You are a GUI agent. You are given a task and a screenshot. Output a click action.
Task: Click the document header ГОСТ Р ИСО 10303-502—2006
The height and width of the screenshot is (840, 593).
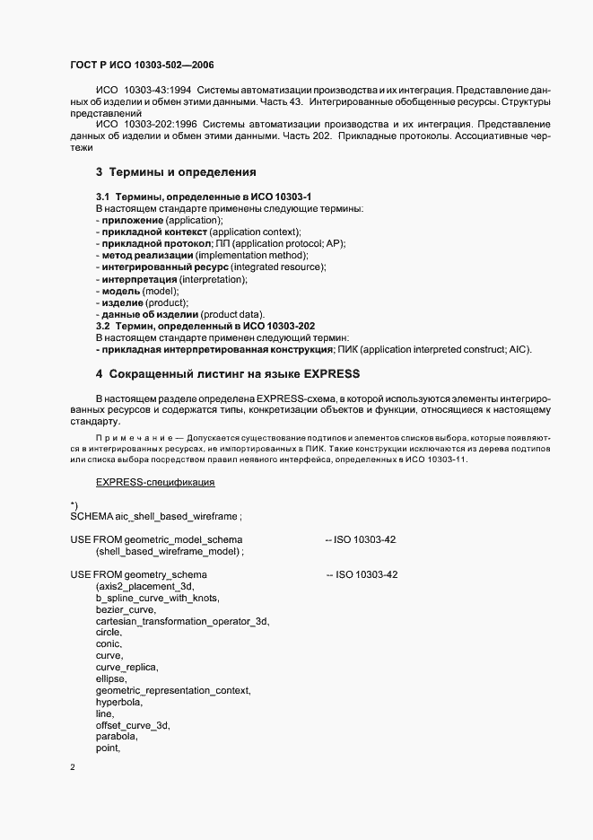[x=141, y=66]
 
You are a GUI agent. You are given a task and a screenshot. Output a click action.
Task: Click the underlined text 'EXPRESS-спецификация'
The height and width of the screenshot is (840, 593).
[x=154, y=483]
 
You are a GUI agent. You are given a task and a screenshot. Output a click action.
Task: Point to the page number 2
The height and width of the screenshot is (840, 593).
[x=73, y=767]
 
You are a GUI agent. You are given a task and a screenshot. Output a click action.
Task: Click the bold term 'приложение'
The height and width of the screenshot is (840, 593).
[x=132, y=220]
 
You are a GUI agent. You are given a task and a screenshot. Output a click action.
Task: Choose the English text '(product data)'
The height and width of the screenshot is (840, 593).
[x=232, y=314]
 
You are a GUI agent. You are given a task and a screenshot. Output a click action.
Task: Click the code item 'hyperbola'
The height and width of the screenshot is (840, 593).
[x=118, y=702]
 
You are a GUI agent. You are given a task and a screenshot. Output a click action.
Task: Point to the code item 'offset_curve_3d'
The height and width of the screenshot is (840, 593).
[x=133, y=725]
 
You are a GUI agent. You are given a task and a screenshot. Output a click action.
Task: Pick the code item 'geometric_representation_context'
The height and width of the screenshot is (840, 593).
[x=173, y=690]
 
